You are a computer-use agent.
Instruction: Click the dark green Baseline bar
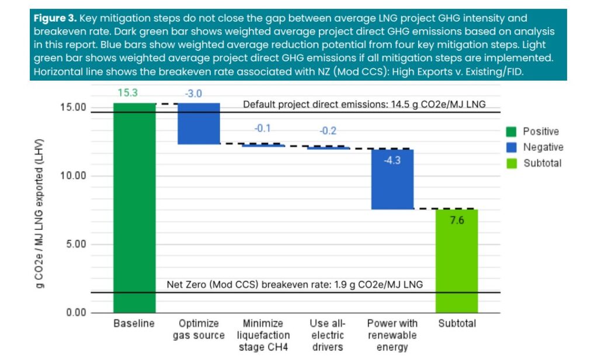click(x=134, y=207)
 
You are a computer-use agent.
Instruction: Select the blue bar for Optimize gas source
click(x=199, y=123)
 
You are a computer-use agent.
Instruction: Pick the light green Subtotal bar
click(x=457, y=261)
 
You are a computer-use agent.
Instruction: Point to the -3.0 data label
click(x=199, y=95)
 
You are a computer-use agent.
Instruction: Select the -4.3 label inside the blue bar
click(x=392, y=160)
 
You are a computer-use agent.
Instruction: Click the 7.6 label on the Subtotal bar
click(x=457, y=221)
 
